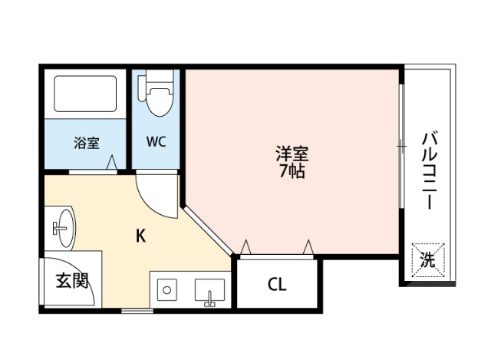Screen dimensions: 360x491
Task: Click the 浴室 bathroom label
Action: point(86,142)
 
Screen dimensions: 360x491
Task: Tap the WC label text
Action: point(157,142)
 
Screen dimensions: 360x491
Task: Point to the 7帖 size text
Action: point(292,171)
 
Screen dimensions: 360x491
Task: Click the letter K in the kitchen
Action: point(140,236)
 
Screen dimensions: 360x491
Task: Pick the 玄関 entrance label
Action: point(71,281)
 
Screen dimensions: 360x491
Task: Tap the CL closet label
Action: point(276,285)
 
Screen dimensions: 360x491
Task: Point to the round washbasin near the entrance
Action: point(63,227)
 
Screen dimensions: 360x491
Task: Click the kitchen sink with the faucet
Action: point(209,291)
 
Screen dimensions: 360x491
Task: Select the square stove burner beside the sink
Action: point(166,290)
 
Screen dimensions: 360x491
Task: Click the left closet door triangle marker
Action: point(245,246)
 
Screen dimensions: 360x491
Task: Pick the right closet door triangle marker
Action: point(308,246)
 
